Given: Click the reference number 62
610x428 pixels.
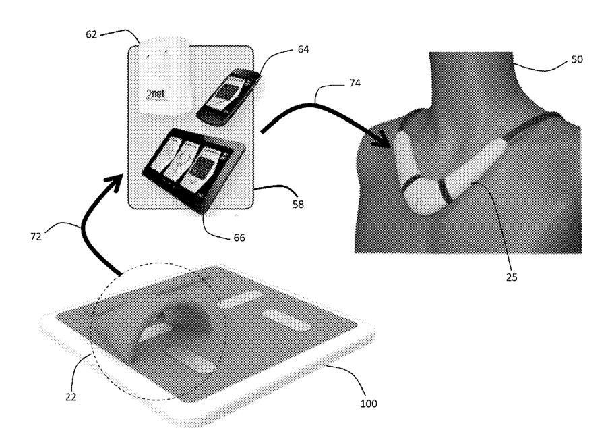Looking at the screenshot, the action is pos(91,34).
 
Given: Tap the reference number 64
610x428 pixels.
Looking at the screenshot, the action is pos(303,49).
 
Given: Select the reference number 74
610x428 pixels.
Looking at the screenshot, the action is pos(355,83).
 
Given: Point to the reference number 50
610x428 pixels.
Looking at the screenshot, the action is pos(577,59).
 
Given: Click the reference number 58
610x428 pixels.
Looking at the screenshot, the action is pos(298,205).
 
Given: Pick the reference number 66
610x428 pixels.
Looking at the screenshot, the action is pos(239,238).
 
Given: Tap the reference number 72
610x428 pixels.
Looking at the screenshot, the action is pos(36,236).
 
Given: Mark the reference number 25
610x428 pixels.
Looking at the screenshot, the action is pos(512,277).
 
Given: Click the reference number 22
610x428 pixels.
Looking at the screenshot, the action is pos(71,397).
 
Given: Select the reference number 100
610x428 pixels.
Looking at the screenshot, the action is pos(369,404).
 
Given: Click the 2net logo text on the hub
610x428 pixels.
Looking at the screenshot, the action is pos(156,94).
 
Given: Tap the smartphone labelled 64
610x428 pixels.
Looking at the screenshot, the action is pos(228,97).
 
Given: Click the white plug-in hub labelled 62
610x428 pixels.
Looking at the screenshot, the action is pos(164,76).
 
